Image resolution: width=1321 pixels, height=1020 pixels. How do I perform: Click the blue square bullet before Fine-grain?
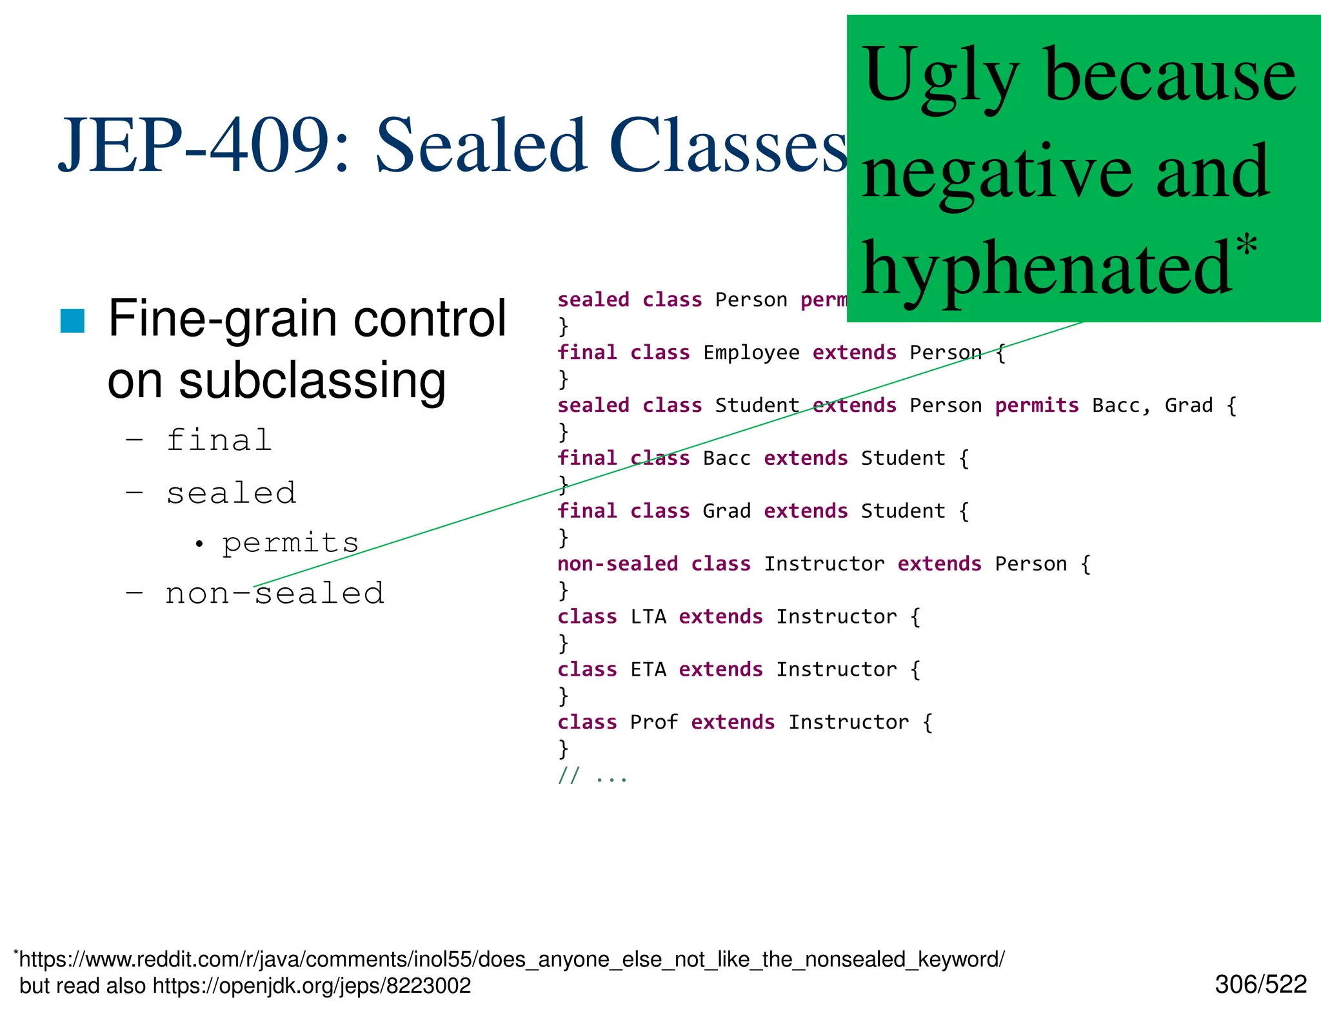tap(72, 320)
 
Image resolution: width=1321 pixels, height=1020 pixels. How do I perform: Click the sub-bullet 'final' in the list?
tap(219, 441)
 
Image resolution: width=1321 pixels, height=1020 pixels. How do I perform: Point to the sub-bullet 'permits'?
tap(290, 543)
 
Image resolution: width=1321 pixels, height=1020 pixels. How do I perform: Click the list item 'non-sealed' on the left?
tap(275, 593)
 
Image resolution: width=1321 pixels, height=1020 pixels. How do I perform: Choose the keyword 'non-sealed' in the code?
tap(617, 564)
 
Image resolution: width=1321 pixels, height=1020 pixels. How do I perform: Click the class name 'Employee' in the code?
tap(751, 353)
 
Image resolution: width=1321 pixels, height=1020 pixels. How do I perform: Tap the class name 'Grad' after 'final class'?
tap(726, 511)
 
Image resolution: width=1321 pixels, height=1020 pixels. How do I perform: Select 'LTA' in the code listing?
tap(648, 617)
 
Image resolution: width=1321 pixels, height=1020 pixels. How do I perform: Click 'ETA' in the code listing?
tap(648, 670)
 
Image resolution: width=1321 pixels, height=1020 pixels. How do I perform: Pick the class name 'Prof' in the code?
tap(653, 723)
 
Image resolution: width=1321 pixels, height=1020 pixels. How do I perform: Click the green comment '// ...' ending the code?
tap(592, 776)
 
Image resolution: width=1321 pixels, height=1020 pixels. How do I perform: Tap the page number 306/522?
tap(1260, 985)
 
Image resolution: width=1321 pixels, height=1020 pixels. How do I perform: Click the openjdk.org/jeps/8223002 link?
tap(312, 986)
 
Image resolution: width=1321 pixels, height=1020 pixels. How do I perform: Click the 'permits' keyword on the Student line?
tap(1036, 406)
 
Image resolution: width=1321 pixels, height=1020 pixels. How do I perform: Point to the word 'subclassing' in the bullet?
tap(312, 380)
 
